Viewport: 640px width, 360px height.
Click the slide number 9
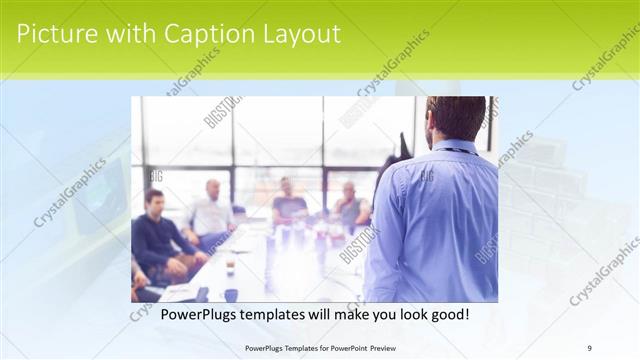tap(590, 347)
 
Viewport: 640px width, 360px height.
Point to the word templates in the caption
tap(277, 313)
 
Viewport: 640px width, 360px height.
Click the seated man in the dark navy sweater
tap(155, 240)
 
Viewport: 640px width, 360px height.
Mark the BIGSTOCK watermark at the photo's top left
tap(222, 111)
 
